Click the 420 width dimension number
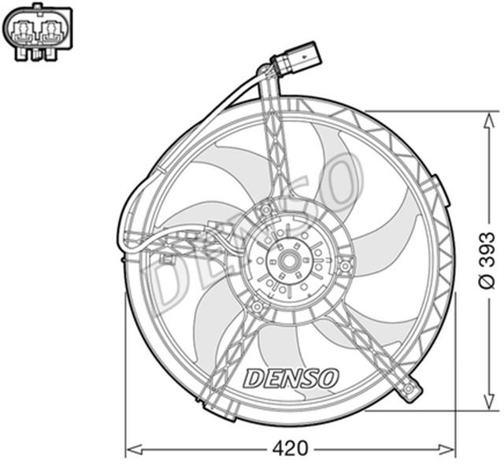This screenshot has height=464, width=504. point(291,449)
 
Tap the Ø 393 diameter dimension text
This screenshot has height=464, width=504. point(487,261)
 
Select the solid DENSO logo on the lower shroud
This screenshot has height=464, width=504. point(291,378)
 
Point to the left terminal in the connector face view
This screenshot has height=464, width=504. point(23,31)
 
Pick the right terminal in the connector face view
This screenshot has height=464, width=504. point(53,31)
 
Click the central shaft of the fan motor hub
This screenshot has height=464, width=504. point(285,258)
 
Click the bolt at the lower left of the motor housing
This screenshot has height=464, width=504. point(256,306)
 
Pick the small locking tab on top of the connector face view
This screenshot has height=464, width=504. point(38,9)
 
